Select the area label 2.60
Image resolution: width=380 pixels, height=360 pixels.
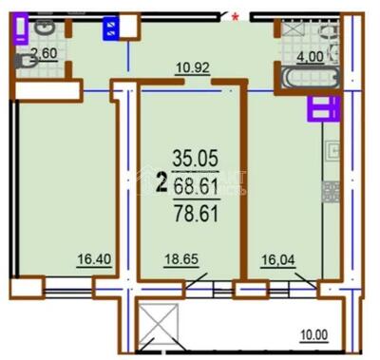[x=45, y=54]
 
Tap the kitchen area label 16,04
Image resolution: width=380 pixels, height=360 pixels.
[x=280, y=258]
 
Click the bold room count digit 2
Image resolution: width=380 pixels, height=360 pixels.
[x=162, y=178]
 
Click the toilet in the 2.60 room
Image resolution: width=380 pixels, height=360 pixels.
[x=28, y=61]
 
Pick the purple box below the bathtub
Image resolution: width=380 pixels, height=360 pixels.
[x=321, y=108]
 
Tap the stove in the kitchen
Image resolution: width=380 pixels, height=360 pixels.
[x=331, y=191]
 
